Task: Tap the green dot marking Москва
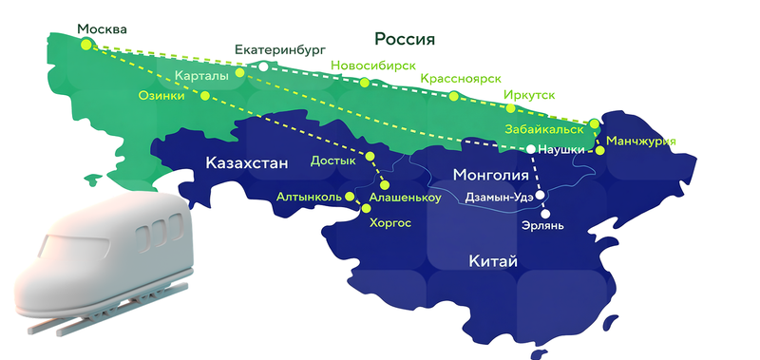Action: click(x=86, y=45)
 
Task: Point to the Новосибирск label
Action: click(x=374, y=66)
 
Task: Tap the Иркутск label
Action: click(x=529, y=95)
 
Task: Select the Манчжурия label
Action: click(x=641, y=142)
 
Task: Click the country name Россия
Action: click(x=405, y=39)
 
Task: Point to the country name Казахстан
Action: click(x=246, y=164)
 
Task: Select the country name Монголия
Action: click(x=491, y=175)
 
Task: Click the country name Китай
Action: click(x=493, y=261)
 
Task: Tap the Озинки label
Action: click(x=161, y=95)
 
